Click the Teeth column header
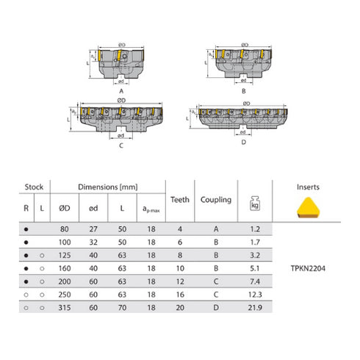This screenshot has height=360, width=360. pos(180,199)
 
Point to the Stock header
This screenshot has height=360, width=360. pos(35,187)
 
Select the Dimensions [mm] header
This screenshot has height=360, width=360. pos(108,187)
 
